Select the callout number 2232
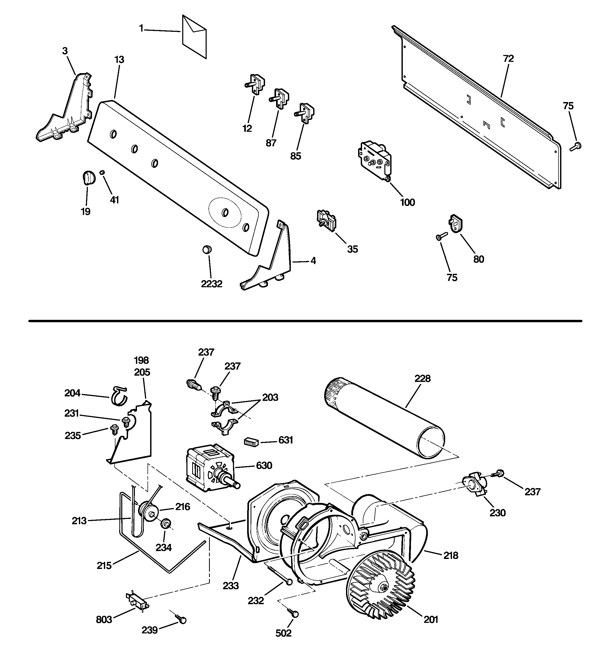coord(211,284)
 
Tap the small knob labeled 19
coord(88,178)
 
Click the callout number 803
coord(104,619)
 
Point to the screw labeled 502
coord(293,613)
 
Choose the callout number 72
coord(508,59)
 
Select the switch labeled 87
coord(279,98)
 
